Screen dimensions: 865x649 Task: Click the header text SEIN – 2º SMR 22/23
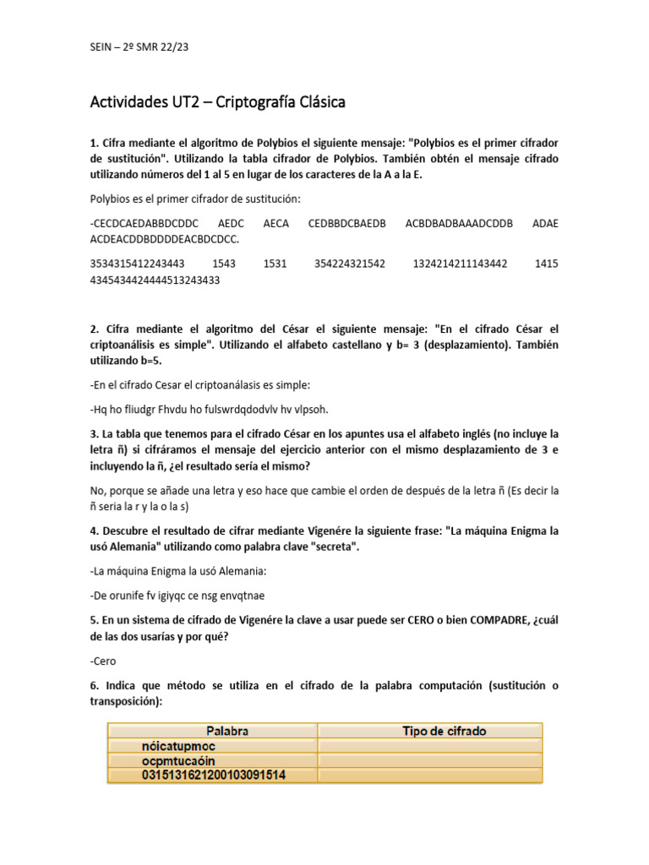[x=139, y=47]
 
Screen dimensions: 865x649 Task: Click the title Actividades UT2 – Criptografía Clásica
[x=217, y=103]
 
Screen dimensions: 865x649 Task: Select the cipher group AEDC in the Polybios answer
[x=230, y=223]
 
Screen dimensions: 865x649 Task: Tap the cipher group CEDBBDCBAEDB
[x=346, y=223]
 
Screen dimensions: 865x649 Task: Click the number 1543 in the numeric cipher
[x=225, y=264]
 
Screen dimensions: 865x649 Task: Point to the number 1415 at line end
[x=546, y=264]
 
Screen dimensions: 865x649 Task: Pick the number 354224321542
[x=349, y=264]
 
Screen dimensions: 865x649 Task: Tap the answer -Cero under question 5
[x=102, y=661]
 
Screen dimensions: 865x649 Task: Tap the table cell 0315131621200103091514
[x=213, y=775]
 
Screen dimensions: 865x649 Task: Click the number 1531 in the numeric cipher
[x=275, y=264]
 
